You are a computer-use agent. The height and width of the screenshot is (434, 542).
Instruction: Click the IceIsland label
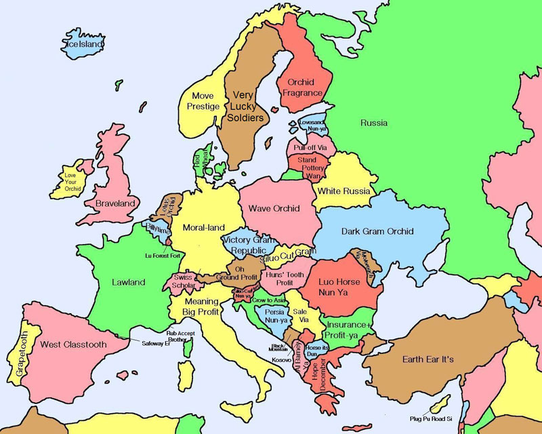(83, 44)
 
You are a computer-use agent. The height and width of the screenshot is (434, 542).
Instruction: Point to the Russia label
(374, 123)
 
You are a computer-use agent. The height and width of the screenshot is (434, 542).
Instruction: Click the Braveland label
(115, 203)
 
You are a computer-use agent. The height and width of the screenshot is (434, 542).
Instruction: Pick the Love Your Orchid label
(72, 182)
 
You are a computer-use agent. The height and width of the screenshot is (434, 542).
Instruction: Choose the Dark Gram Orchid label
(377, 231)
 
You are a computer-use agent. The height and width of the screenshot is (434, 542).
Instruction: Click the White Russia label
(344, 191)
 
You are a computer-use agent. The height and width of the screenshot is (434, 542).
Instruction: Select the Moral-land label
(203, 227)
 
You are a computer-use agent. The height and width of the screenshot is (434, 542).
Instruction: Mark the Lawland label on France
(127, 282)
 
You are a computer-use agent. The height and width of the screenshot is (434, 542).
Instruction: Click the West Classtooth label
(72, 344)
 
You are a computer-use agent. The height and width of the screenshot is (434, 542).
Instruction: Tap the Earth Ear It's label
(428, 358)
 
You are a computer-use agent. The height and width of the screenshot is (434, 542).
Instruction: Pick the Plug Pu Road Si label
(431, 418)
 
